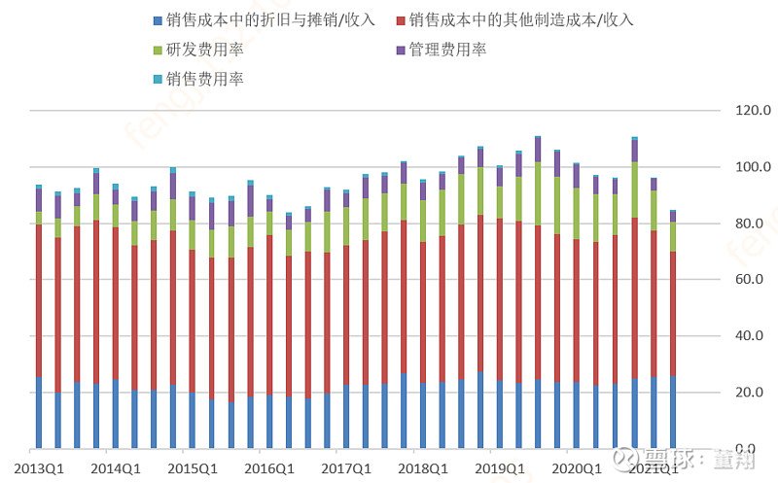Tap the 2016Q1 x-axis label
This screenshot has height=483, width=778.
[x=268, y=468]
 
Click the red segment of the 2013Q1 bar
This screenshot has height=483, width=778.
[x=39, y=301]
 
